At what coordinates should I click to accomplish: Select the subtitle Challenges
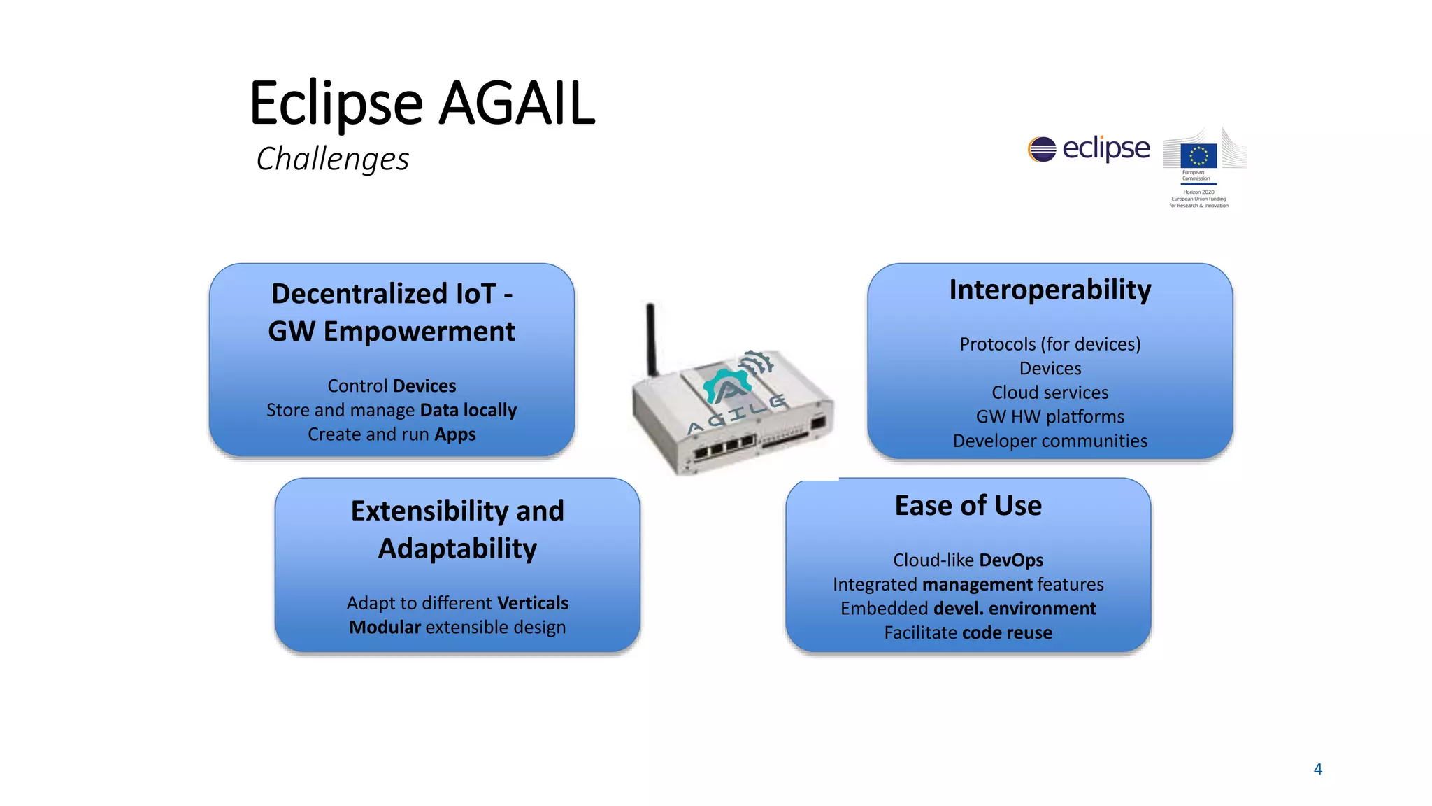(x=333, y=159)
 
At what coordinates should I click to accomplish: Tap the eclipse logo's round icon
(x=1042, y=149)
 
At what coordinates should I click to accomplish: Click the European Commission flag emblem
(x=1198, y=155)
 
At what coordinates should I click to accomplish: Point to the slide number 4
(x=1317, y=769)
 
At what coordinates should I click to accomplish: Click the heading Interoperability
(x=1050, y=290)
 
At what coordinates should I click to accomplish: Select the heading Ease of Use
(x=968, y=505)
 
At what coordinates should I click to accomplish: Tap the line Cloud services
(x=1050, y=393)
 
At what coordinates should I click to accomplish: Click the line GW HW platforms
(x=1050, y=417)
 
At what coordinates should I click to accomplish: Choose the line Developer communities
(x=1050, y=441)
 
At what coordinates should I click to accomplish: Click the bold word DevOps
(x=1011, y=560)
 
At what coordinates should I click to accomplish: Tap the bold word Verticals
(x=533, y=603)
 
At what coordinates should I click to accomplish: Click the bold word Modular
(x=385, y=628)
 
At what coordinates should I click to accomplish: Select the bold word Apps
(x=455, y=434)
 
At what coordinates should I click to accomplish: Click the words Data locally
(x=468, y=410)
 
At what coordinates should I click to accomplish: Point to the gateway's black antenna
(x=651, y=339)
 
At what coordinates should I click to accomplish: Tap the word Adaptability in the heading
(x=457, y=549)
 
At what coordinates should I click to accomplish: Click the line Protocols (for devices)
(x=1050, y=344)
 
